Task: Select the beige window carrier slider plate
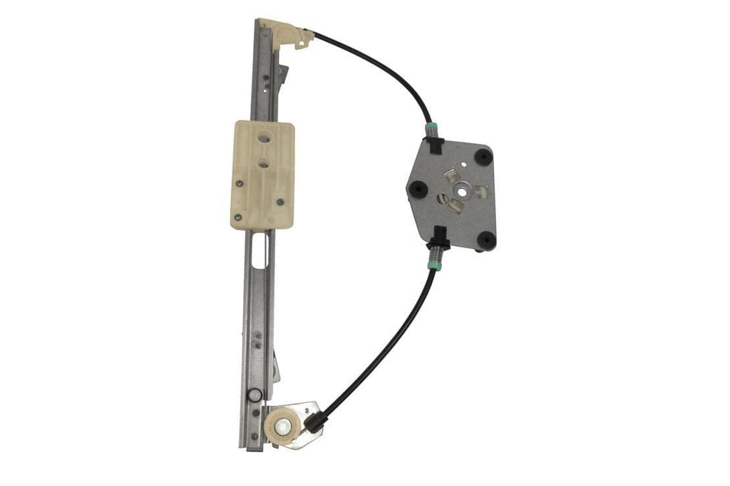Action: (262, 174)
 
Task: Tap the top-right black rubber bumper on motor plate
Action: (484, 155)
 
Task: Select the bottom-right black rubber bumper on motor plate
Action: (487, 240)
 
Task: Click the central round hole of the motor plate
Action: (464, 188)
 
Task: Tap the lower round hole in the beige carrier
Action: (264, 165)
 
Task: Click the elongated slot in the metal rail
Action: (258, 250)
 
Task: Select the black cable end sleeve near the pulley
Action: (313, 423)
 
